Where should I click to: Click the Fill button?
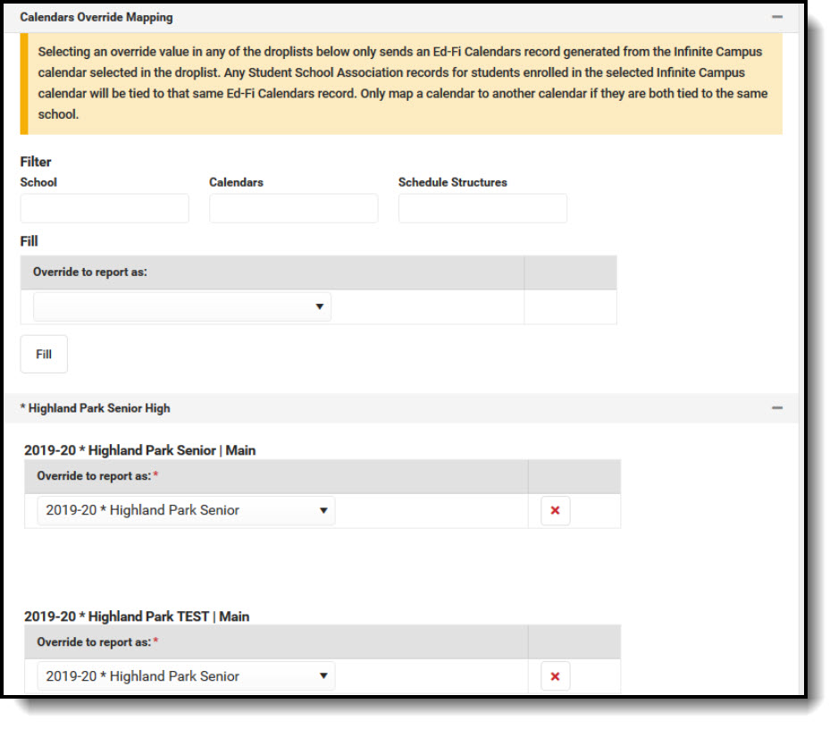pyautogui.click(x=44, y=354)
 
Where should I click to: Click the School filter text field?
pyautogui.click(x=105, y=208)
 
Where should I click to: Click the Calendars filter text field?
pyautogui.click(x=293, y=208)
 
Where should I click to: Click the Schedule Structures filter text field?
pyautogui.click(x=482, y=208)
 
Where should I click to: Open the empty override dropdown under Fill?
pyautogui.click(x=182, y=306)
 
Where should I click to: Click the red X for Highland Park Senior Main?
pyautogui.click(x=555, y=510)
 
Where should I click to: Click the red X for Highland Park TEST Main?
pyautogui.click(x=555, y=676)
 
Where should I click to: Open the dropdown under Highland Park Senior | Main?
pyautogui.click(x=186, y=510)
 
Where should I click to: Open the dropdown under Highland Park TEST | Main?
pyautogui.click(x=186, y=676)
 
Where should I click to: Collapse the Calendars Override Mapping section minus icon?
pyautogui.click(x=777, y=17)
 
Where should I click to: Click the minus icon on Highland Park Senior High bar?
pyautogui.click(x=777, y=408)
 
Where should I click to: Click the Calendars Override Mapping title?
pyautogui.click(x=96, y=17)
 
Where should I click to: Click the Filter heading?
pyautogui.click(x=36, y=162)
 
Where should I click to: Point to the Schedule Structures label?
pyautogui.click(x=452, y=182)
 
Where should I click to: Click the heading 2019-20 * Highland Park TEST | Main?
pyautogui.click(x=137, y=616)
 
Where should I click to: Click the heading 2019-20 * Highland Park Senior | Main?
pyautogui.click(x=139, y=450)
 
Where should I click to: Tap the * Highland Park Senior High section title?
pyautogui.click(x=95, y=408)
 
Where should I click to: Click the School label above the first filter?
pyautogui.click(x=38, y=182)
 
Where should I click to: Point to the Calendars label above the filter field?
pyautogui.click(x=236, y=182)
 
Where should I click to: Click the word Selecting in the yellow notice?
pyautogui.click(x=65, y=52)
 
